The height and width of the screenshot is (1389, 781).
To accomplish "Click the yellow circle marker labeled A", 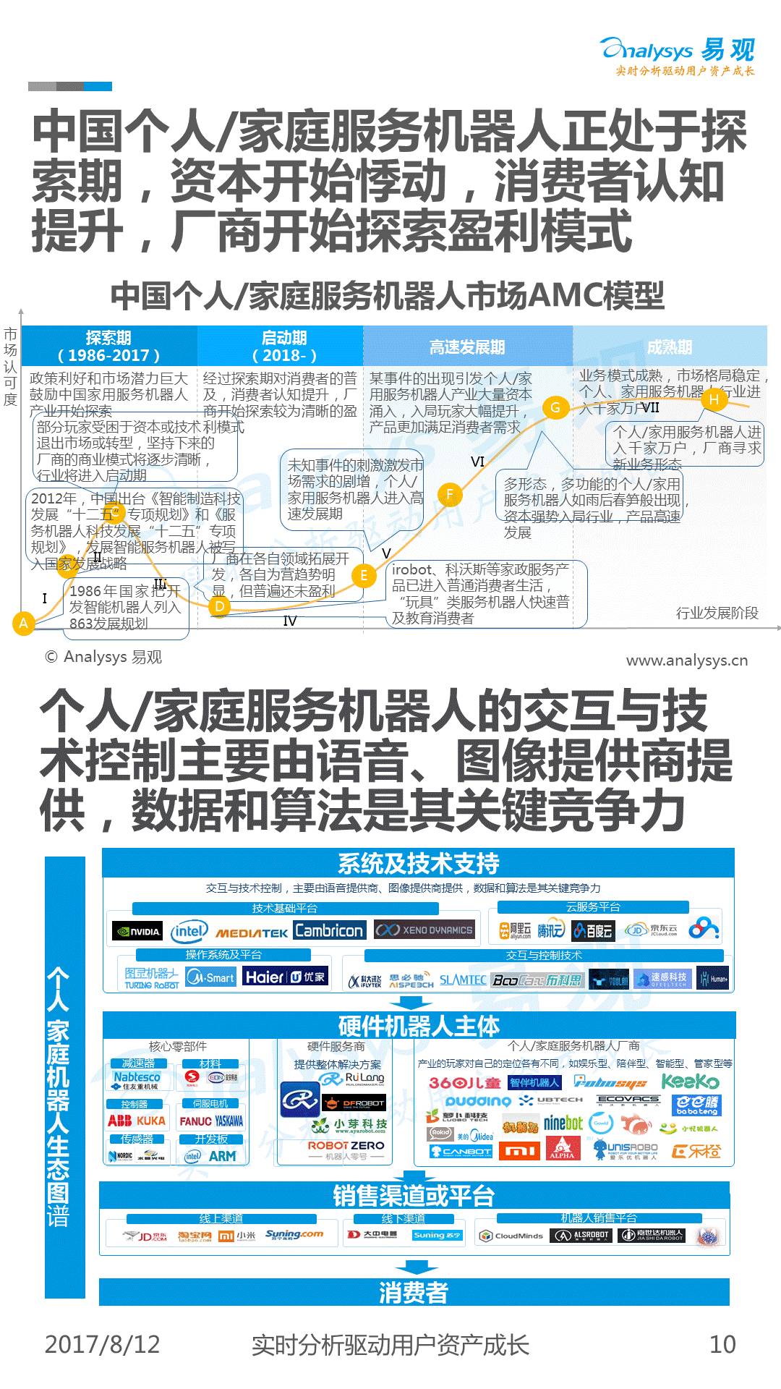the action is click(24, 624).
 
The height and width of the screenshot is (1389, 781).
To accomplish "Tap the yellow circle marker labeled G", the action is click(555, 407).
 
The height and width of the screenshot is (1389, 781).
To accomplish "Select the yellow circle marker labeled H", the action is click(714, 399).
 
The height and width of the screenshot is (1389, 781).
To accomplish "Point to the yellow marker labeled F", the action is click(450, 495).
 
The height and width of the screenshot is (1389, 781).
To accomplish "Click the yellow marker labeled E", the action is click(364, 575).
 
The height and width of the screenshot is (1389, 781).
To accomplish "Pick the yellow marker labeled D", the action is click(220, 606).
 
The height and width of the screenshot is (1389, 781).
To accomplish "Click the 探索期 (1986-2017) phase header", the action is click(109, 346).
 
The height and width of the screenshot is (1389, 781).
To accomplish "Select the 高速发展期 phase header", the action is click(467, 347).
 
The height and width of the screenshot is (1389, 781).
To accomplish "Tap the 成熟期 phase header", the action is click(669, 347).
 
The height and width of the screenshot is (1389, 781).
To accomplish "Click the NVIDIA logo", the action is click(138, 931).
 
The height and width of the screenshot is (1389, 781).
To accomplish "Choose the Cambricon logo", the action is click(329, 930).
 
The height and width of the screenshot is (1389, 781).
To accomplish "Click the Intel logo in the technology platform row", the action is click(189, 931).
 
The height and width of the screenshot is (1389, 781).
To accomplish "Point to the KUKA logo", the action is click(151, 1121).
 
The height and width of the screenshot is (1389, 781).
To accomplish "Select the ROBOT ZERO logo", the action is click(346, 1145).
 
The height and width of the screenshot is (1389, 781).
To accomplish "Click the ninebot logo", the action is click(563, 1123).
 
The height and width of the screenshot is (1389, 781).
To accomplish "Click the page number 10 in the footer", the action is click(722, 1344).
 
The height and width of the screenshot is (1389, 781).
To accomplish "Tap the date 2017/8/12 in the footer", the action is click(103, 1344).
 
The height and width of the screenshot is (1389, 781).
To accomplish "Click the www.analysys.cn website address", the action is click(686, 660).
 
